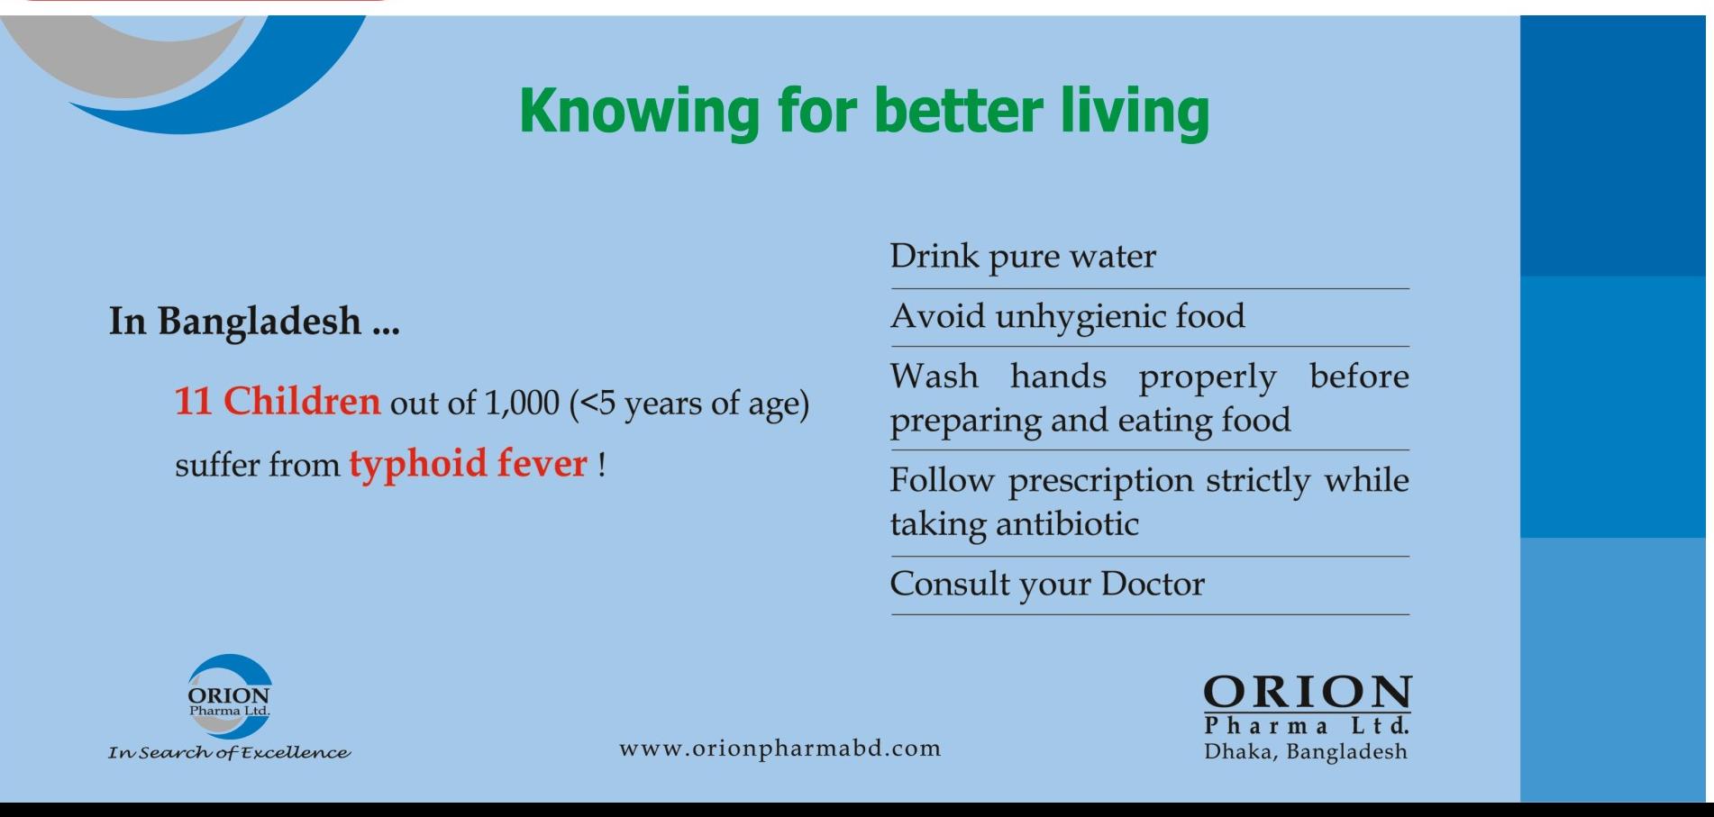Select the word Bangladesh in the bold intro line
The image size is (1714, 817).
(260, 322)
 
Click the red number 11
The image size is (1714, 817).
(193, 401)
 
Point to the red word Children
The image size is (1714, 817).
(302, 401)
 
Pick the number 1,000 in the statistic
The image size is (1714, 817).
(522, 403)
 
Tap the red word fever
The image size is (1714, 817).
(542, 463)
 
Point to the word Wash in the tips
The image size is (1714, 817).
(934, 376)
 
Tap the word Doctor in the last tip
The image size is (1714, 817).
(1153, 584)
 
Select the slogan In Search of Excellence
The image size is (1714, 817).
(229, 752)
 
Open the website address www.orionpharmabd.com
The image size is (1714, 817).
(780, 749)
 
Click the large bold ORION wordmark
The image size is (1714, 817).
(1308, 693)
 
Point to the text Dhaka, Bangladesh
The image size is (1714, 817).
(1306, 752)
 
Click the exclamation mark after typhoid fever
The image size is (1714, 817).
(601, 464)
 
